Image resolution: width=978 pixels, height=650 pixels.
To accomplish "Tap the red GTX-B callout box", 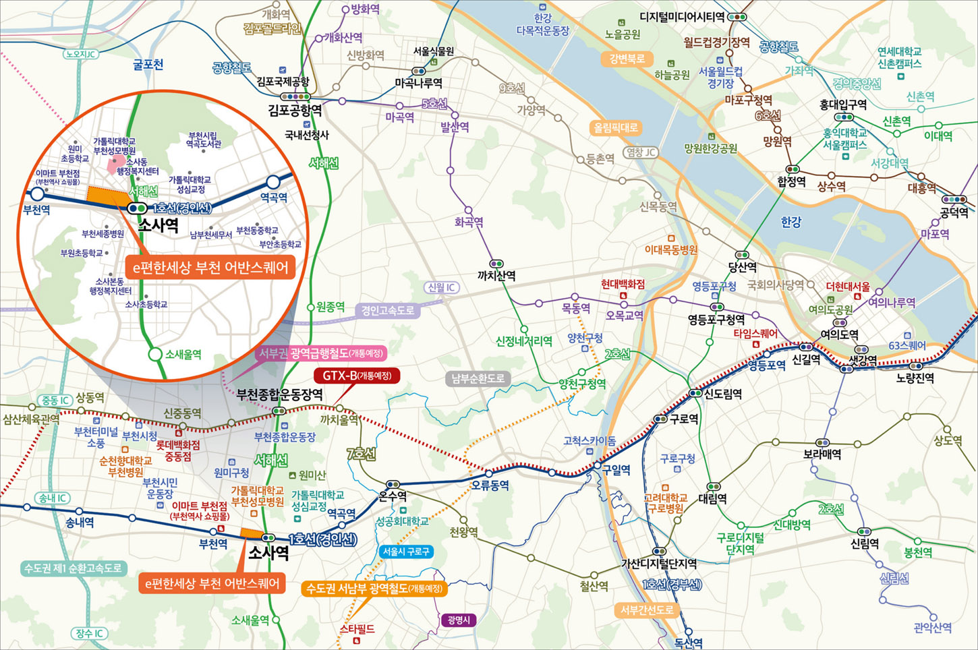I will pyautogui.click(x=357, y=376).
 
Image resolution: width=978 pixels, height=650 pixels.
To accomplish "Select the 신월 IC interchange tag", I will pyautogui.click(x=442, y=287).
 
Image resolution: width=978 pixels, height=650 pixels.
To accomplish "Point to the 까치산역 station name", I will pyautogui.click(x=496, y=276).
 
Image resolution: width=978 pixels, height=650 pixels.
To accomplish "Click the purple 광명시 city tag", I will pyautogui.click(x=459, y=620).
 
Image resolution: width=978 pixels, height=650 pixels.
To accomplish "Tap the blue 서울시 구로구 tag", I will pyautogui.click(x=406, y=552).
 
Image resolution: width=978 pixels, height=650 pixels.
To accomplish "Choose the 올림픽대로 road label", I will pyautogui.click(x=615, y=127).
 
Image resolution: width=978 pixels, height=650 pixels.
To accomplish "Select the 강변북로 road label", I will pyautogui.click(x=627, y=59).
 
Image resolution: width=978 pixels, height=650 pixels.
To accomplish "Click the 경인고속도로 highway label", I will pyautogui.click(x=387, y=310).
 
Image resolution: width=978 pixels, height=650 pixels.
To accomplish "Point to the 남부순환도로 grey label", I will pyautogui.click(x=478, y=378).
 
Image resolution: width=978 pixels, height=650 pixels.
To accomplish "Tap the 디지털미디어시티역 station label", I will pyautogui.click(x=682, y=17).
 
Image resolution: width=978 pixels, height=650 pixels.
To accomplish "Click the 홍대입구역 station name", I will pyautogui.click(x=843, y=105).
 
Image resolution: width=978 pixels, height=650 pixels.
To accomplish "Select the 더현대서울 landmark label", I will pyautogui.click(x=848, y=287).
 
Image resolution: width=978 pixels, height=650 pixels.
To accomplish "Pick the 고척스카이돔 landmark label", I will pyautogui.click(x=589, y=440).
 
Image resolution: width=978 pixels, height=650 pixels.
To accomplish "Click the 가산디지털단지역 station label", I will pyautogui.click(x=658, y=564).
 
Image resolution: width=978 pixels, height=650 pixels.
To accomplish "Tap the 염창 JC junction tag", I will pyautogui.click(x=641, y=152).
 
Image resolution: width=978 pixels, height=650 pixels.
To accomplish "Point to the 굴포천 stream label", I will pyautogui.click(x=148, y=65).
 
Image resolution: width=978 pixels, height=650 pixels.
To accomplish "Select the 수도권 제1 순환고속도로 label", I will pyautogui.click(x=74, y=568).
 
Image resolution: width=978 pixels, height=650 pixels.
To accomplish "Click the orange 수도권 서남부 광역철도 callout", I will pyautogui.click(x=374, y=588).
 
